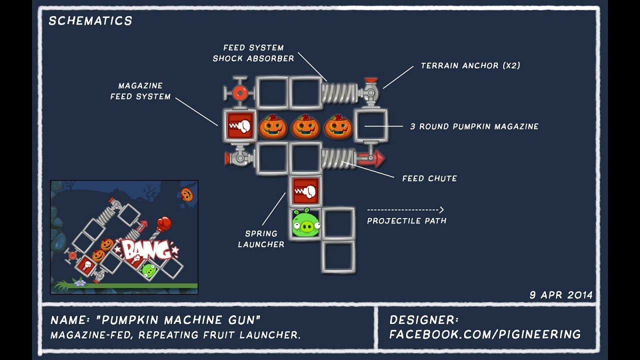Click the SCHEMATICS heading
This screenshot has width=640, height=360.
[x=90, y=21]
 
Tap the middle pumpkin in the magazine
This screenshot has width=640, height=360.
[x=305, y=126]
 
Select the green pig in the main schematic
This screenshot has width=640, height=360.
[x=305, y=223]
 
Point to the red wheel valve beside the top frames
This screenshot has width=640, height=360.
[x=239, y=92]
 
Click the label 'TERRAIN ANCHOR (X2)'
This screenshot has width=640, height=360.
[x=470, y=65]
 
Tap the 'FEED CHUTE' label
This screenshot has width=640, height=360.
[x=429, y=178]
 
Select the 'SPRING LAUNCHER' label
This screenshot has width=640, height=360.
[x=261, y=239]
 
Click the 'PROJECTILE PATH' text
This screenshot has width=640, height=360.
[x=406, y=220]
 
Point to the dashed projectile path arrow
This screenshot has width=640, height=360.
[x=405, y=210]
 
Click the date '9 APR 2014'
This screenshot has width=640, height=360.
[x=561, y=295]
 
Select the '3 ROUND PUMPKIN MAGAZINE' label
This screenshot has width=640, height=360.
[x=474, y=126]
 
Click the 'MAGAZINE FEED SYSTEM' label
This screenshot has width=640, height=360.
[x=140, y=91]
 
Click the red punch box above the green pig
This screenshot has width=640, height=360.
[x=305, y=191]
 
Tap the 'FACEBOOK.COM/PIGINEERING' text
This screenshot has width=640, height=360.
[x=485, y=334]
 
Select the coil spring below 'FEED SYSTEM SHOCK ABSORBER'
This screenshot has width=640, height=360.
[x=339, y=92]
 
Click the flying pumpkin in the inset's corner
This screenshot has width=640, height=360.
[x=186, y=194]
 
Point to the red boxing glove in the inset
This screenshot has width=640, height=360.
[x=163, y=223]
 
